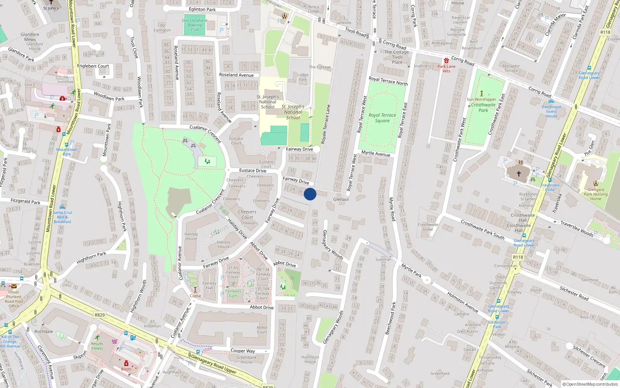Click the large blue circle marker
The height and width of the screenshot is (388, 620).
click(310, 194)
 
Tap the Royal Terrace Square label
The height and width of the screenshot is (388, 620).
click(382, 118)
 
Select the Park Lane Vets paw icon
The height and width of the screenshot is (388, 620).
click(446, 61)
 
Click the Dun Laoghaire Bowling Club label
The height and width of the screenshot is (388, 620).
click(195, 25)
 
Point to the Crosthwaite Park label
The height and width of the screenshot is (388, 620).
click(483, 107)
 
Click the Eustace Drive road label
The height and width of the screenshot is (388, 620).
click(253, 170)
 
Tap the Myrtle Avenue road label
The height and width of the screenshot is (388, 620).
click(375, 154)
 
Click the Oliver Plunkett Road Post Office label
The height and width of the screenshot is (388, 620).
click(14, 299)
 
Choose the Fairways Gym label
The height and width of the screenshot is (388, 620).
click(233, 293)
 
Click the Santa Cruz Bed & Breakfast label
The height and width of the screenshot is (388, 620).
click(62, 217)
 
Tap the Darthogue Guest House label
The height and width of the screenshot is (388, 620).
click(551, 111)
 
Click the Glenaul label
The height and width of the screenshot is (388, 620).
click(341, 199)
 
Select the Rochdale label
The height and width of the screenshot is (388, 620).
click(44, 331)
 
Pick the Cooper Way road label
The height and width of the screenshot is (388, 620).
click(243, 351)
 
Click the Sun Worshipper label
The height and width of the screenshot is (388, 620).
click(481, 99)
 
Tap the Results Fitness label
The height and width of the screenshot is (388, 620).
click(97, 346)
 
